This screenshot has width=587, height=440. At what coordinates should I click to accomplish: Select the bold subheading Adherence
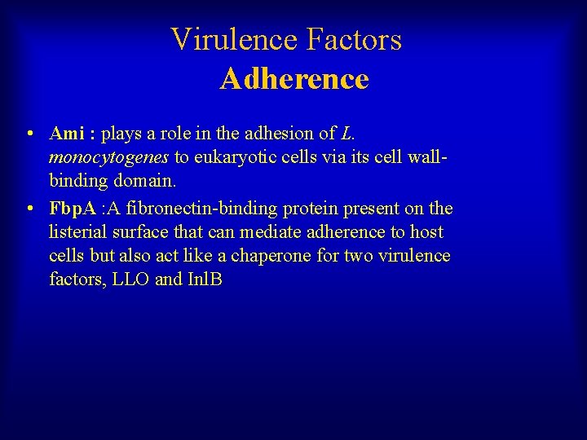pyautogui.click(x=293, y=79)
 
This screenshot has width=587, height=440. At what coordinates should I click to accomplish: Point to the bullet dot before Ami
pyautogui.click(x=29, y=134)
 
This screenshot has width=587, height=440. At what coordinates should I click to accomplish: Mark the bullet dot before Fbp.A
pyautogui.click(x=29, y=209)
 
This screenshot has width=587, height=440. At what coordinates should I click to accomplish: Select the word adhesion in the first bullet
pyautogui.click(x=249, y=133)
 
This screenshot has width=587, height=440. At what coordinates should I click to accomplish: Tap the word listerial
pyautogui.click(x=77, y=232)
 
